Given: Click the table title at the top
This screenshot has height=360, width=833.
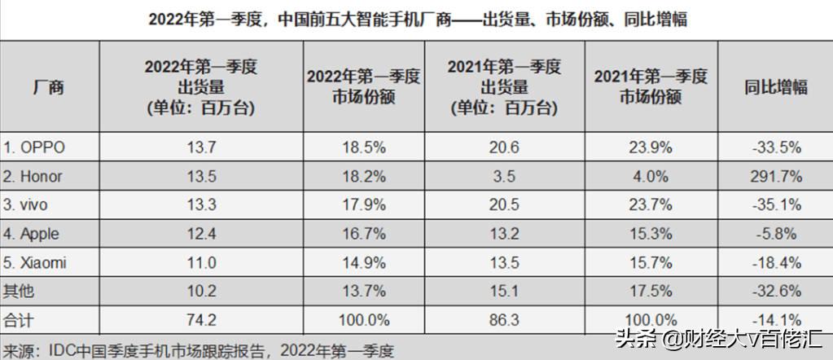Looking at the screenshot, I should tap(418, 18).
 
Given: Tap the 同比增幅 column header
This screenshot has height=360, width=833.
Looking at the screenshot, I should tap(776, 87).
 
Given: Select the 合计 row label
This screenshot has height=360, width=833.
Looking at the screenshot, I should tap(18, 319).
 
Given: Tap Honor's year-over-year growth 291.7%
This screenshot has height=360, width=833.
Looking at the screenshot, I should tap(778, 176).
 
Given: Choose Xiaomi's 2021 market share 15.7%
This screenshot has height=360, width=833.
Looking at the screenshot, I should tap(650, 262).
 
